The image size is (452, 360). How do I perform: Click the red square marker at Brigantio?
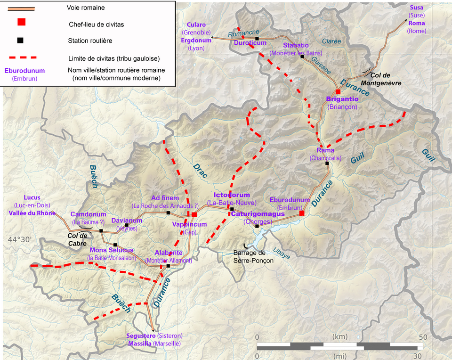338,92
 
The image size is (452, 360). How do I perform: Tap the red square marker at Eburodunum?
301,213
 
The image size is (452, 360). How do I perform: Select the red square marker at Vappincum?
194,215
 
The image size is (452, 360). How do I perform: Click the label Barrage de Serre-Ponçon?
253,257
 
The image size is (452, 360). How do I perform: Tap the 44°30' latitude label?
20,239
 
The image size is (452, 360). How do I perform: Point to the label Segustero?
141,336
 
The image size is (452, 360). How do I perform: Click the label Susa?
416,8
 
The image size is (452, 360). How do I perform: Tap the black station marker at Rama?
327,164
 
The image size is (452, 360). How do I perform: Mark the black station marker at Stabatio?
302,57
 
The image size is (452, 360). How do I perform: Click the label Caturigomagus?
258,214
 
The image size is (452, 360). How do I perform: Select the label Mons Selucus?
112,250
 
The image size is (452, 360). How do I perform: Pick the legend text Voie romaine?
86,8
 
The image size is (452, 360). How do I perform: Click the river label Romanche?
244,33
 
